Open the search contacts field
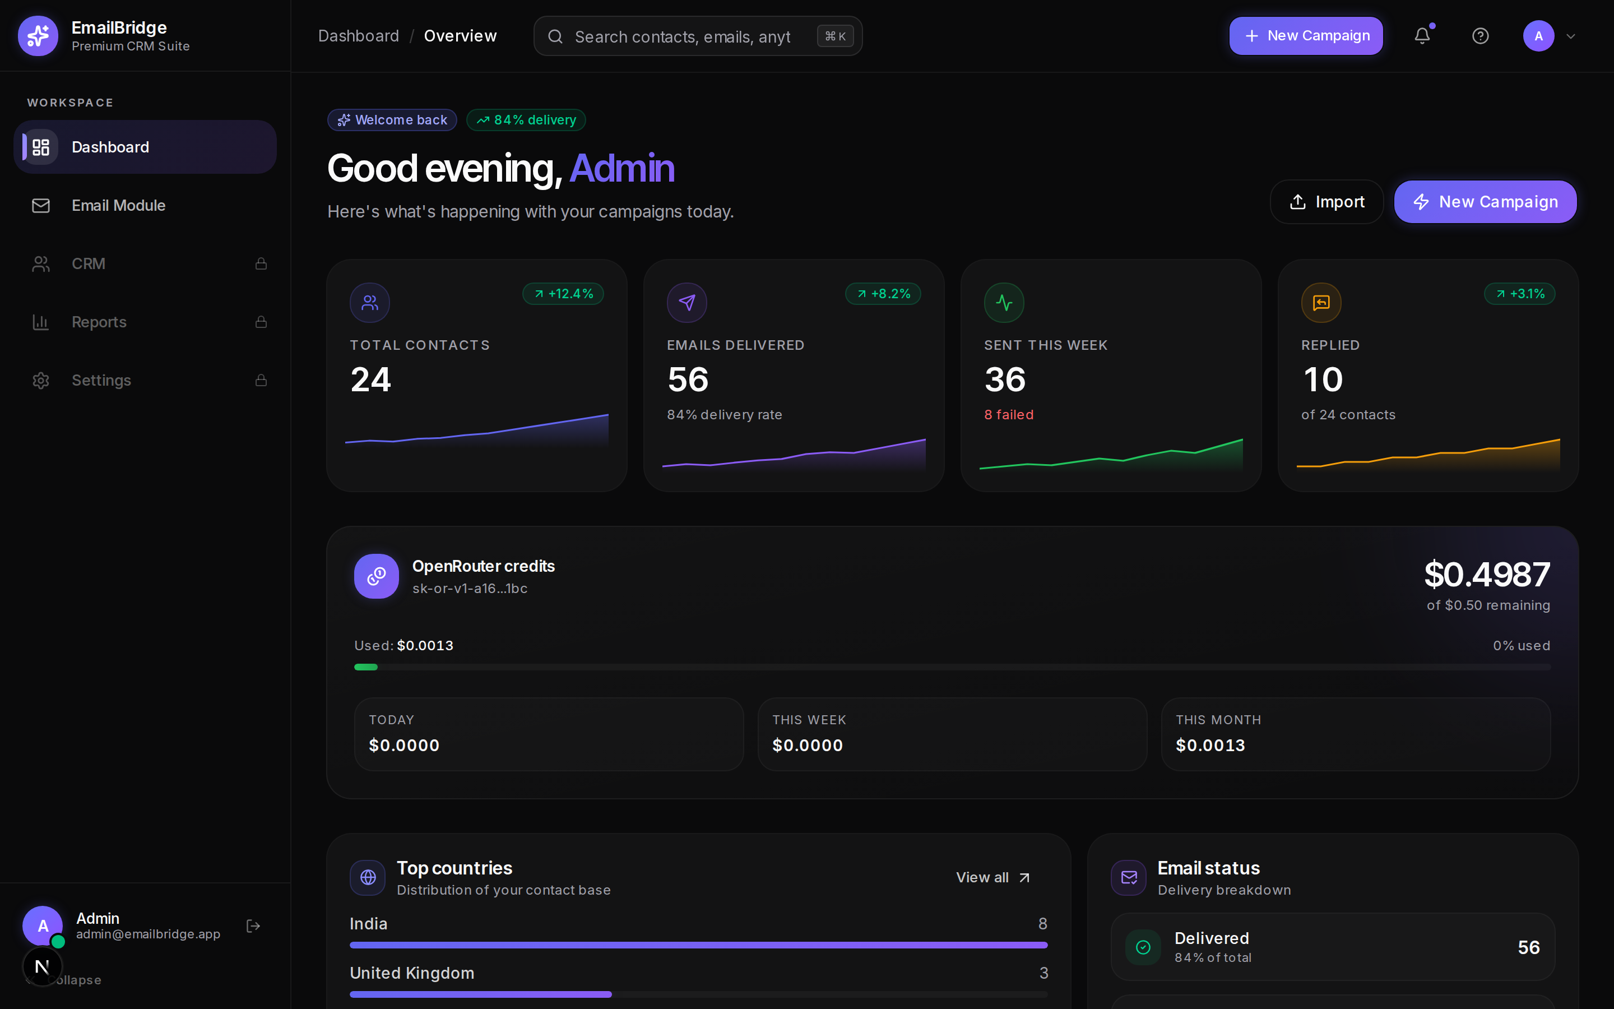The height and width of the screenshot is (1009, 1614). click(698, 36)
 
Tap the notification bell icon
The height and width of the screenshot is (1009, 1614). click(1422, 36)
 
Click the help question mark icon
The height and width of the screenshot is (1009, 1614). click(1480, 36)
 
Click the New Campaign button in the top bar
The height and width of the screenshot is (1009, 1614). click(1306, 36)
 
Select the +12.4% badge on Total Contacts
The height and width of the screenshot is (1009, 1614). click(563, 294)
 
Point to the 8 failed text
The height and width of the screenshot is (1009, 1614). click(1008, 414)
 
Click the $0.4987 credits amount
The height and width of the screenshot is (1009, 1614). click(1487, 575)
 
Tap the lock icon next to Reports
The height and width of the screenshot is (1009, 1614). click(261, 322)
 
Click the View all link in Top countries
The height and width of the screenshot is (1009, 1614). click(993, 877)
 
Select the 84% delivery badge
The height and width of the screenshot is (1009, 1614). click(526, 120)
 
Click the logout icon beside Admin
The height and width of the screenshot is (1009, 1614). click(253, 926)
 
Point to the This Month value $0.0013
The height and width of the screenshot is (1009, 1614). click(1210, 746)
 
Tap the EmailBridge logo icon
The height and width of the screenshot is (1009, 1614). click(38, 36)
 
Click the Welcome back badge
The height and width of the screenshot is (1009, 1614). click(392, 120)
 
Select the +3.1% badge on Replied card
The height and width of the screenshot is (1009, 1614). click(1519, 294)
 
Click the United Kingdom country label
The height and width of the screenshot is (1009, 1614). click(412, 973)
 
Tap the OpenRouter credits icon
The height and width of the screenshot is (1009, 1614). click(376, 576)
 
